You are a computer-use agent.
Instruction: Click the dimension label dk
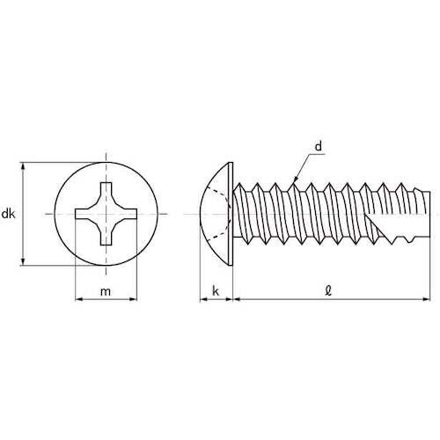pyautogui.click(x=9, y=213)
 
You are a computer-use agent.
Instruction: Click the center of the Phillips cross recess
pyautogui.click(x=106, y=214)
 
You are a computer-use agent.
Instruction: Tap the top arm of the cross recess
pyautogui.click(x=106, y=189)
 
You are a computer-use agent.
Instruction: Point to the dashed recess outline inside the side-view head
pyautogui.click(x=227, y=214)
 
